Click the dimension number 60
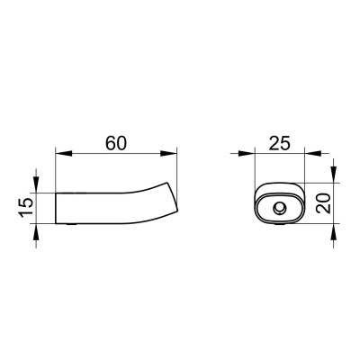116,143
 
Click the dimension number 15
26,207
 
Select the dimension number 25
280,143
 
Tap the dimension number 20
323,203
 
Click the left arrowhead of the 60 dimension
64,153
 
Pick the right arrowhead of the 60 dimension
168,153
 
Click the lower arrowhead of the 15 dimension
36,232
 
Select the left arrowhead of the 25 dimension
247,153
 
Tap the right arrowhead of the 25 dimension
313,153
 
